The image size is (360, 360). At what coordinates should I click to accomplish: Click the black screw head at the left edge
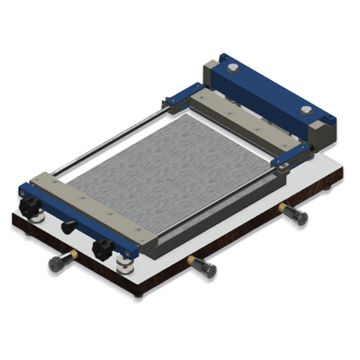click(56, 263)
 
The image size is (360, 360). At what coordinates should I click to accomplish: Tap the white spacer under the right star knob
click(122, 262)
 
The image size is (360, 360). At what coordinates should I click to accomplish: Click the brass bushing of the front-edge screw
click(193, 261)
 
